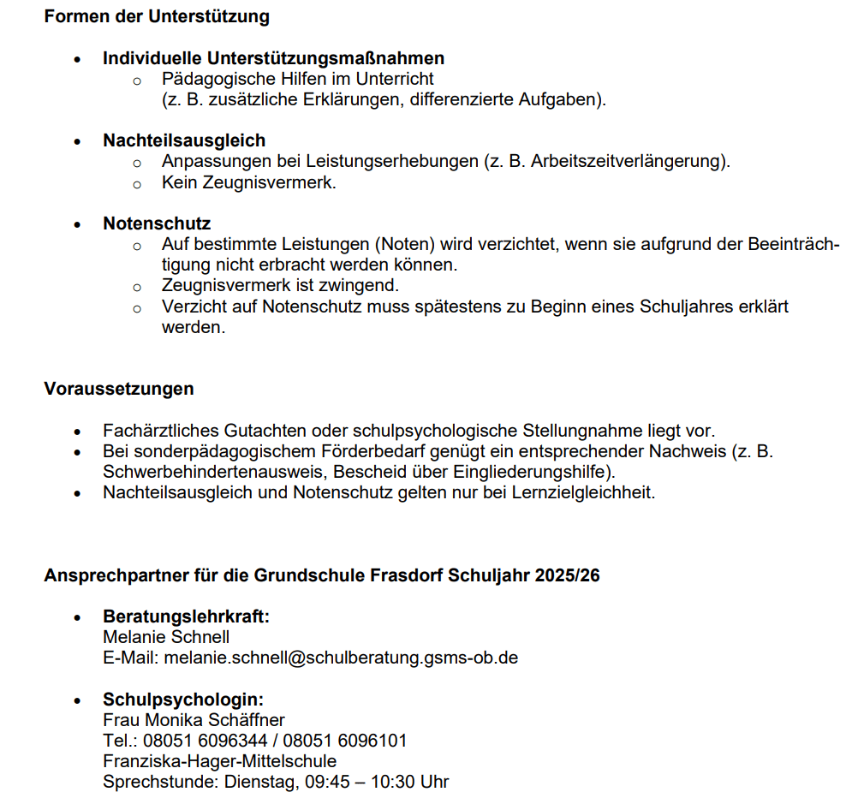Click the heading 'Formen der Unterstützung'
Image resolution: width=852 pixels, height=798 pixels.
click(x=157, y=16)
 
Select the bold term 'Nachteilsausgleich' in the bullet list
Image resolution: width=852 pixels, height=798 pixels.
click(x=184, y=140)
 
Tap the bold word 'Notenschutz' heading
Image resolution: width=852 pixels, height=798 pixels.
click(x=157, y=223)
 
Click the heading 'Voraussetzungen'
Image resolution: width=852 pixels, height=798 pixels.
click(x=119, y=389)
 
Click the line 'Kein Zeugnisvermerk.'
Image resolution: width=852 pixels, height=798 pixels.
click(x=248, y=182)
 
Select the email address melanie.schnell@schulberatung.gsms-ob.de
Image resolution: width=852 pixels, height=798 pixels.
click(x=341, y=658)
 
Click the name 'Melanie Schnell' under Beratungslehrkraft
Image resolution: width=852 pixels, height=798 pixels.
click(x=166, y=637)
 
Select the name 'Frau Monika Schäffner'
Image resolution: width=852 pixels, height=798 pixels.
click(x=194, y=720)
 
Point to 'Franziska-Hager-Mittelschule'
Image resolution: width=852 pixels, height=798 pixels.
click(x=219, y=761)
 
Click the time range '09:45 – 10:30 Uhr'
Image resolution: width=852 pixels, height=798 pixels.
click(x=377, y=782)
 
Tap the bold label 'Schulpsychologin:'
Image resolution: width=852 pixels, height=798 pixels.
click(x=183, y=700)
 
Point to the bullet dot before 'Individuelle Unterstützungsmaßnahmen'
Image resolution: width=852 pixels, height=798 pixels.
click(x=78, y=59)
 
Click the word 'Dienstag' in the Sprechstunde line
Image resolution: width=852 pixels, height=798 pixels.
click(x=259, y=782)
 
